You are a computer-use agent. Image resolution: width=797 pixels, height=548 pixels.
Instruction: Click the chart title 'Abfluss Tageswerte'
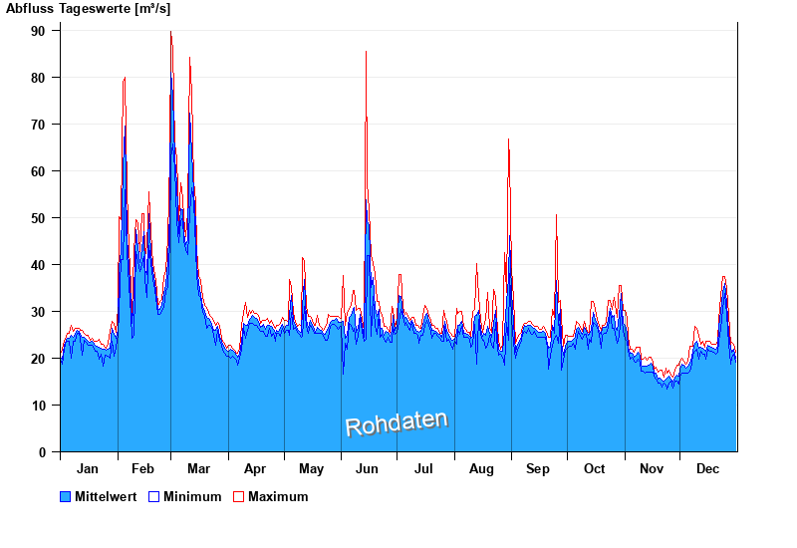click(x=60, y=9)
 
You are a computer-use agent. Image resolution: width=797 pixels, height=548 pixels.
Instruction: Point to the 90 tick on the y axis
click(x=39, y=31)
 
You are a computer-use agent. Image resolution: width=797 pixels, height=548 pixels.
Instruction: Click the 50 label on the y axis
click(x=39, y=218)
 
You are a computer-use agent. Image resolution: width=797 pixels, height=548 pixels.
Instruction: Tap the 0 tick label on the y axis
click(x=43, y=452)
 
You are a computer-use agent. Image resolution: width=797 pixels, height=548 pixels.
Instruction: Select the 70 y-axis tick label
click(x=39, y=125)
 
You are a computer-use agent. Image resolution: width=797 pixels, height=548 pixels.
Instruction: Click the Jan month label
click(x=88, y=468)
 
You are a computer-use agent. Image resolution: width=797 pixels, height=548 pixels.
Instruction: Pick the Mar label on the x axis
click(x=198, y=468)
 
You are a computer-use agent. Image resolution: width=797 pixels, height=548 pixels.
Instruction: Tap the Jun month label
click(x=368, y=468)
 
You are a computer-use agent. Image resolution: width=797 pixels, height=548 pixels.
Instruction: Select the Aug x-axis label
click(x=481, y=468)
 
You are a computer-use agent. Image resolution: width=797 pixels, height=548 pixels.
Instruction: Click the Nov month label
click(x=652, y=468)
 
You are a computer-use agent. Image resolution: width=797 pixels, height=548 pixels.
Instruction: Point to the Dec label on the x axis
click(x=707, y=468)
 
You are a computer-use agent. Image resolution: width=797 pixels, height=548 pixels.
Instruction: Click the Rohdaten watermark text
click(x=396, y=423)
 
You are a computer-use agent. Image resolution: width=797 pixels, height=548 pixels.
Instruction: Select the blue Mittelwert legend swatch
click(x=66, y=496)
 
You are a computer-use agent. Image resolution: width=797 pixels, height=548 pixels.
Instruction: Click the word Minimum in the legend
click(x=192, y=496)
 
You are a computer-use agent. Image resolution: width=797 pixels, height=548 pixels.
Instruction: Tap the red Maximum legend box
click(x=238, y=496)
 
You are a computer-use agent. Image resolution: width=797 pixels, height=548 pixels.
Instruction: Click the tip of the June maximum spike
click(x=366, y=52)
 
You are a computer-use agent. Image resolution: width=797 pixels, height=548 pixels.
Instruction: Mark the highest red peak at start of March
click(x=170, y=32)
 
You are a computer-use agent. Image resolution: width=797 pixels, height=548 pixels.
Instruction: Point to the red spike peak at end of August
click(x=509, y=139)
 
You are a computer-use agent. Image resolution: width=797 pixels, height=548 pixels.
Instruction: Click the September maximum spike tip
click(x=556, y=215)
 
